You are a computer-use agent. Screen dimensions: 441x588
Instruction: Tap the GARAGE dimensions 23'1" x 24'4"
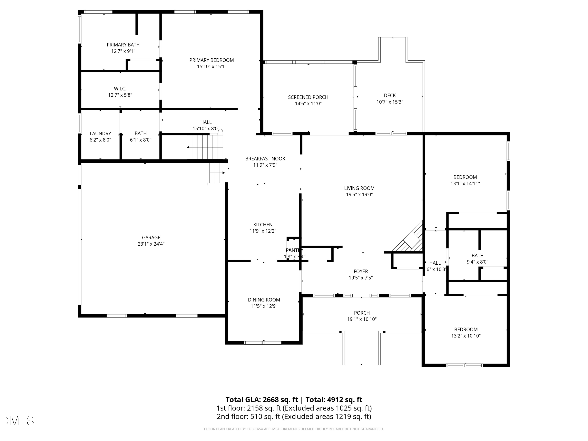151,244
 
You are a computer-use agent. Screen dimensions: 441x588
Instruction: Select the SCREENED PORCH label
308,97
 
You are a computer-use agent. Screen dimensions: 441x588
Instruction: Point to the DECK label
390,95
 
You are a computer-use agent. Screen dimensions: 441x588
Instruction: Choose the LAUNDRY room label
100,133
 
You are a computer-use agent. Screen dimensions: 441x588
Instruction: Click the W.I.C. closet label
120,89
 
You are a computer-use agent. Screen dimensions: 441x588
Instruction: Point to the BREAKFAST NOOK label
265,159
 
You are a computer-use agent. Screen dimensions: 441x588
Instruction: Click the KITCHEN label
263,225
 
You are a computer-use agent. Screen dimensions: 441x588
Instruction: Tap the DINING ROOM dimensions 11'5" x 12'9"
264,306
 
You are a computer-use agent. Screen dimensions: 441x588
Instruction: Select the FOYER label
361,271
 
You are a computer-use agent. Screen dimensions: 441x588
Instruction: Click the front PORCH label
362,313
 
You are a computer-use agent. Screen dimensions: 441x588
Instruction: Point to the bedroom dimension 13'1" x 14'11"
465,183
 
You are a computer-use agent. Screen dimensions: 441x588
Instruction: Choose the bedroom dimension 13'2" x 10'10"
466,336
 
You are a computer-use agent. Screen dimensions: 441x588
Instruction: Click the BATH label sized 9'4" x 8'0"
477,255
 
